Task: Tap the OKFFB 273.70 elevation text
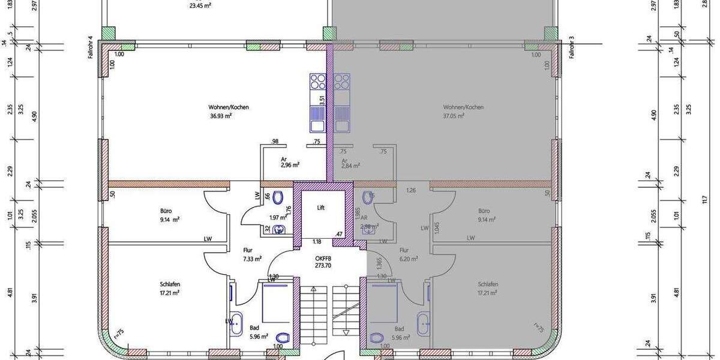[x=323, y=262]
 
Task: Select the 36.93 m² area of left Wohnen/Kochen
[x=221, y=116]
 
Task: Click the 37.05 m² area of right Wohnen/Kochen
[x=454, y=116]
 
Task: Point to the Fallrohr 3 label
[x=572, y=47]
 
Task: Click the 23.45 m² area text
[x=200, y=6]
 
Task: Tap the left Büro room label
[x=166, y=211]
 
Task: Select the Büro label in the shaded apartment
[x=484, y=211]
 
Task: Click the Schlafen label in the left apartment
[x=170, y=284]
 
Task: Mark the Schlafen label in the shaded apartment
[x=488, y=284]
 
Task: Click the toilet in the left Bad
[x=284, y=337]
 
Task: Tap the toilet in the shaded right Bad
[x=377, y=338]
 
